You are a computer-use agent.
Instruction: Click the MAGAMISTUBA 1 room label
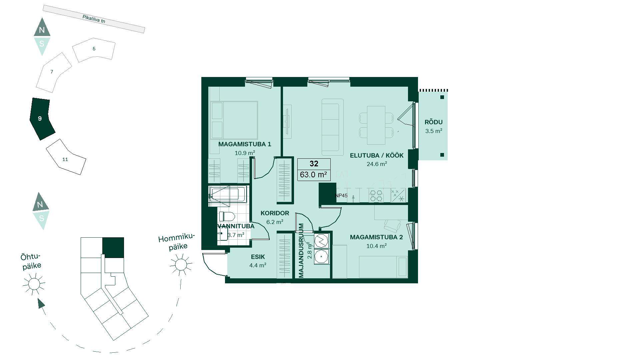[245, 144]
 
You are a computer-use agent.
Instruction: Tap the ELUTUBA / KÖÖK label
[377, 155]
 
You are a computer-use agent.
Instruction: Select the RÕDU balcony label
[434, 122]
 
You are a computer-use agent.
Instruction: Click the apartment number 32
[314, 164]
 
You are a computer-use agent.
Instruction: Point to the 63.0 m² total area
[313, 174]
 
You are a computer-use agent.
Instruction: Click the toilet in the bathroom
[227, 217]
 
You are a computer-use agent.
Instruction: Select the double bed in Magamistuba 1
[234, 120]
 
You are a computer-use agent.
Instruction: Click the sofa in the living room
[332, 127]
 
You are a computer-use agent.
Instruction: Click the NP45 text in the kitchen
[341, 196]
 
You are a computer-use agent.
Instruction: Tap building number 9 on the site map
[40, 118]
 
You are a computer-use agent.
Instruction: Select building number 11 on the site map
[65, 159]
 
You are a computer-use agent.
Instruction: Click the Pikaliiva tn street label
[94, 19]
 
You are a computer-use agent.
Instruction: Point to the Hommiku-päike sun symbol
[181, 265]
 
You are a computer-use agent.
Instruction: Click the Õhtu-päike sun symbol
[34, 284]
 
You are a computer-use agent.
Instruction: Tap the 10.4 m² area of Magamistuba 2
[377, 246]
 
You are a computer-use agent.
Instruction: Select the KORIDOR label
[275, 213]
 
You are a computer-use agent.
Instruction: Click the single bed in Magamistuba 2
[383, 267]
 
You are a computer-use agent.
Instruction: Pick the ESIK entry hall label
[258, 257]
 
